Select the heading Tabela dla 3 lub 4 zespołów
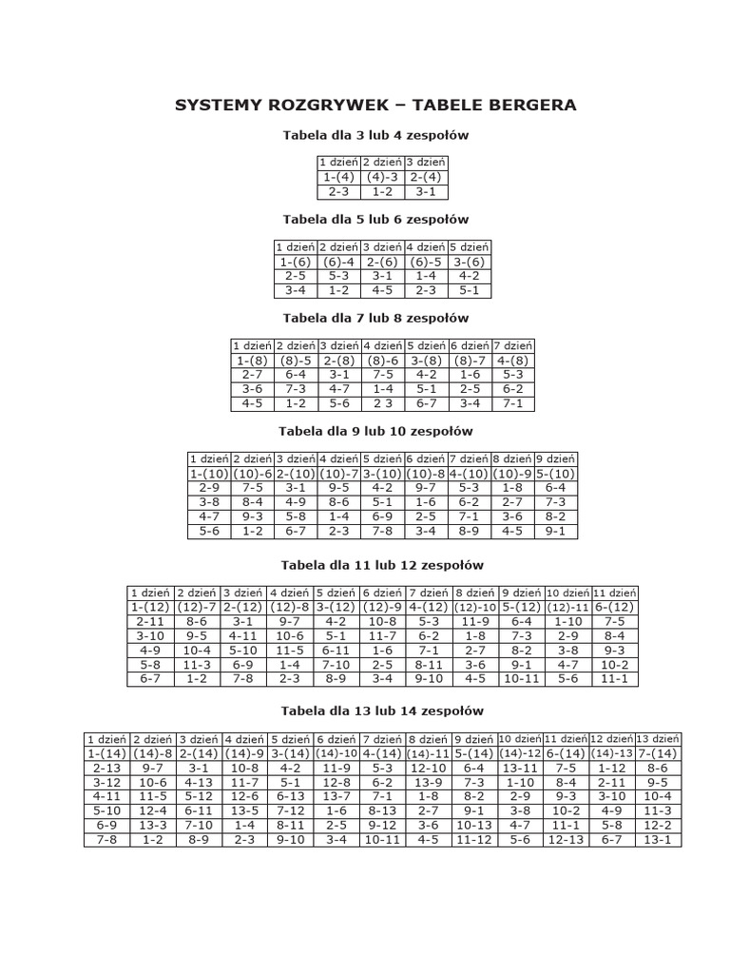click(375, 135)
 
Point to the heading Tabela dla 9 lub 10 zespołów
click(375, 431)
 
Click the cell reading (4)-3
click(382, 177)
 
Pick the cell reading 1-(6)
click(296, 262)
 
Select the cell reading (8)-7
click(470, 360)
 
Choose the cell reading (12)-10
click(476, 607)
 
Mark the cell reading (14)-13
click(611, 753)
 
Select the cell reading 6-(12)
click(615, 607)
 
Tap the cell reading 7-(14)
click(658, 753)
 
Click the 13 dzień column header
click(658, 739)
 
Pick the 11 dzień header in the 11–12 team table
click(615, 593)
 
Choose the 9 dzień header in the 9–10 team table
click(556, 459)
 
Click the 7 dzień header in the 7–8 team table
click(513, 346)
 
